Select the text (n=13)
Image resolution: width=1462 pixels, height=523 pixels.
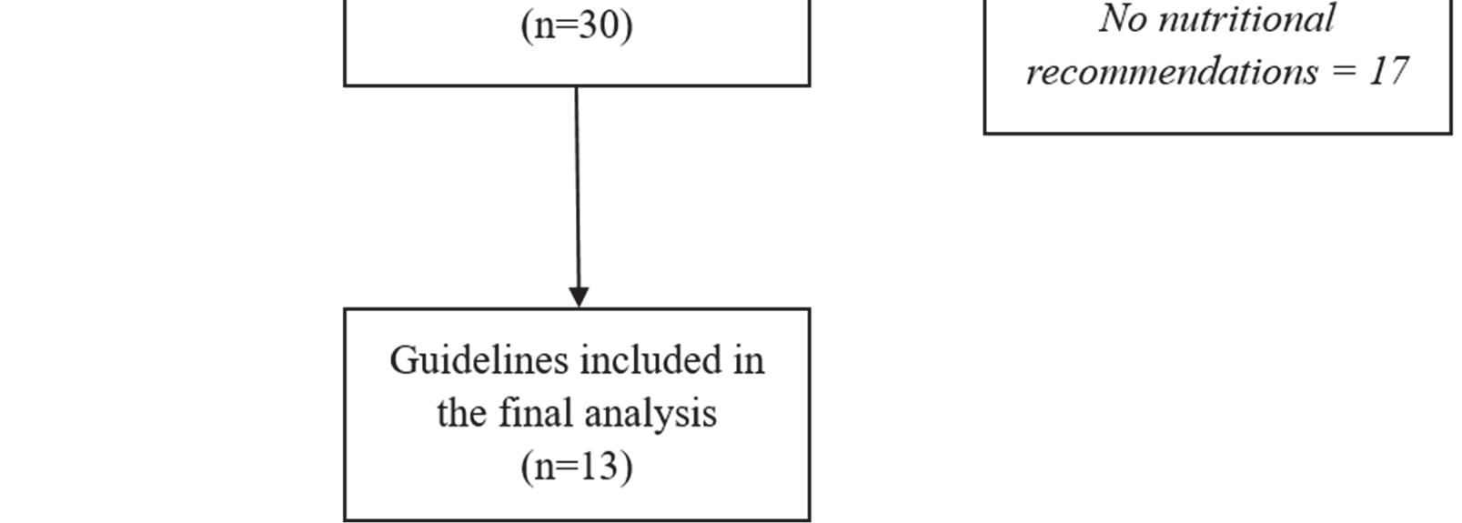tap(577, 467)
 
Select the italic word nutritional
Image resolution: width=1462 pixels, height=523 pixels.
tap(1246, 19)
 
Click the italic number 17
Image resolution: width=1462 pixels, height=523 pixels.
tap(1388, 72)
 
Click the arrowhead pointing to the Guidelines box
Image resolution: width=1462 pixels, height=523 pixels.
tap(579, 297)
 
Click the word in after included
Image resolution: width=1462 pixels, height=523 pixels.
tap(749, 361)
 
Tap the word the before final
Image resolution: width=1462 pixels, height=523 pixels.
tap(464, 414)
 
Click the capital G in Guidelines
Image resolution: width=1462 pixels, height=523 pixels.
tap(403, 361)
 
